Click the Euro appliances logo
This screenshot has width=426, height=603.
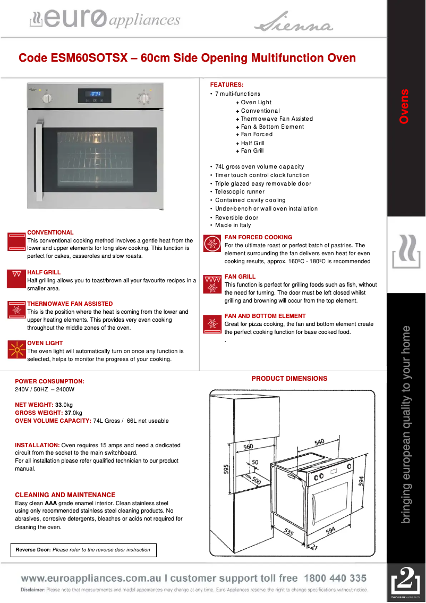tap(105, 20)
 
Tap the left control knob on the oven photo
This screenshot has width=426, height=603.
tap(47, 97)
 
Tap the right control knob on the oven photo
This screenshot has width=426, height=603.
tap(143, 97)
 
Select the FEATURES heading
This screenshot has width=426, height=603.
tap(227, 85)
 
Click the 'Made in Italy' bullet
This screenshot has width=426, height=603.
tap(233, 225)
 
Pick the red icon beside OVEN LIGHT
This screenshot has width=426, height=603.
tap(17, 349)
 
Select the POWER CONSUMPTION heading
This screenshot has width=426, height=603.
tap(49, 381)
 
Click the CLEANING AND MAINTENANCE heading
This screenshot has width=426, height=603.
tap(65, 495)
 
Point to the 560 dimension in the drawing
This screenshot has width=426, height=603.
tap(248, 447)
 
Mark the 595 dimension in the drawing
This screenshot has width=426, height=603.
tap(226, 468)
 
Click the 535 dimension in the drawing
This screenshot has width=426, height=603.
tap(288, 532)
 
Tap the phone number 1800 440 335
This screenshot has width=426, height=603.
tap(335, 578)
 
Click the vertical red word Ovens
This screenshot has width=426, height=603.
tap(405, 107)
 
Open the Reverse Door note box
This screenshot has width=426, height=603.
tap(83, 550)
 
